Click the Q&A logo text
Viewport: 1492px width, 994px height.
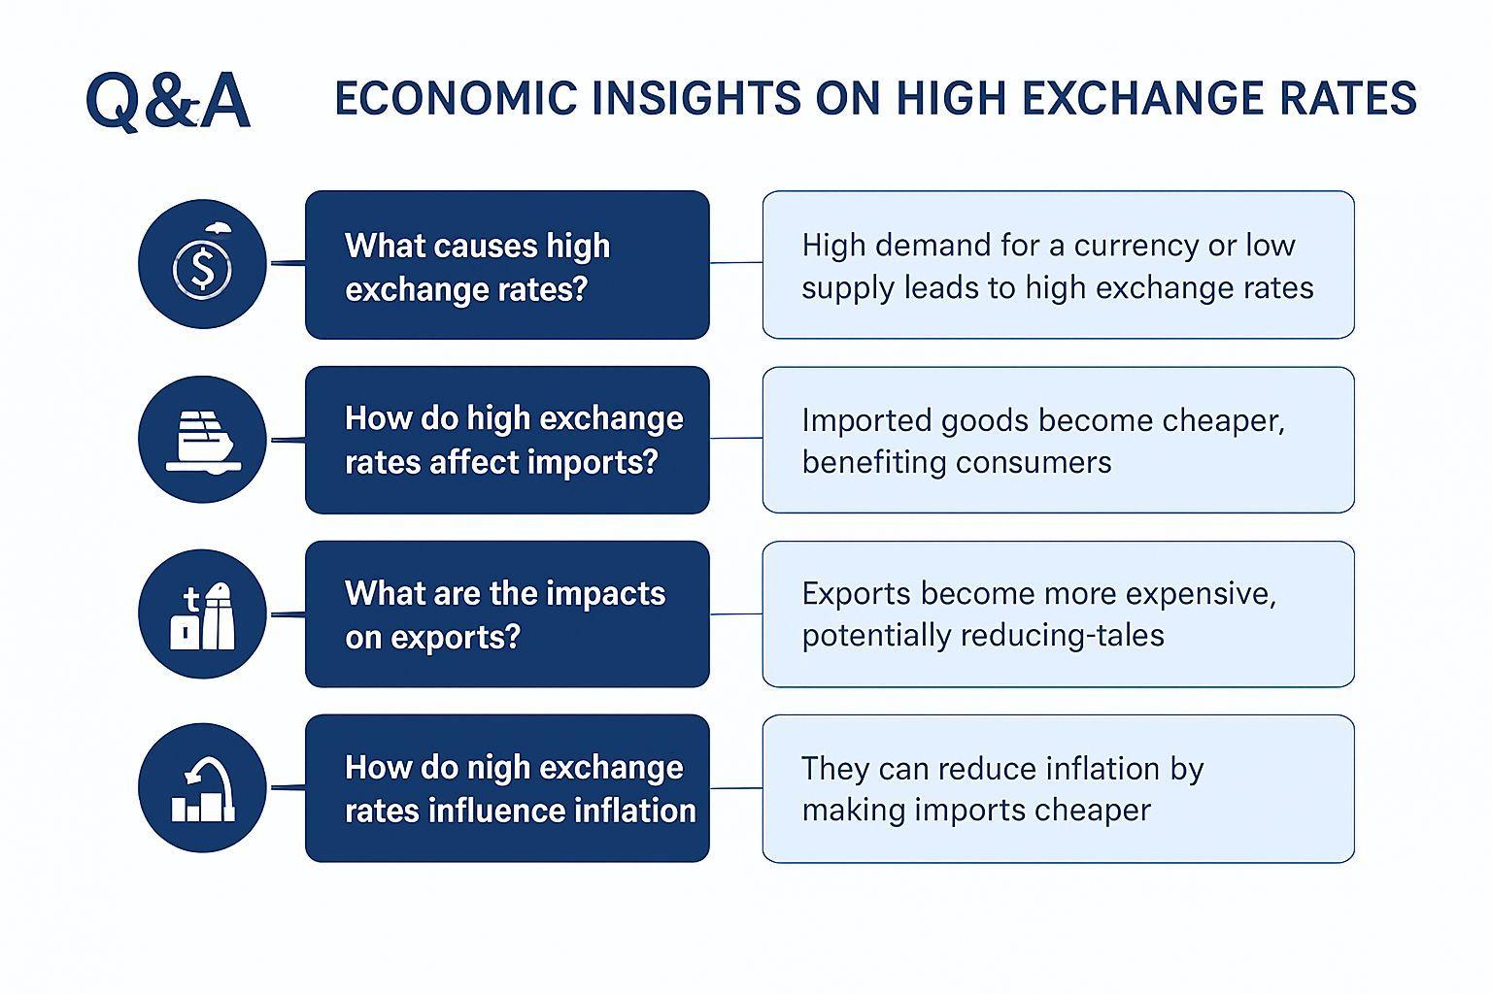tap(168, 101)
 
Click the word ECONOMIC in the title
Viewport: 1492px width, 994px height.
tap(457, 99)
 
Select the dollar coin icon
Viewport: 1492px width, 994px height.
tap(202, 264)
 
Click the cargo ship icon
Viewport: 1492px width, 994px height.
tap(202, 440)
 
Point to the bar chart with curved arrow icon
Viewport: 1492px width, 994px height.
tap(202, 787)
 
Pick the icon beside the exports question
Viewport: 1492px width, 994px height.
tap(202, 613)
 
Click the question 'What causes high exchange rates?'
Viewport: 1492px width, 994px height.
tap(478, 267)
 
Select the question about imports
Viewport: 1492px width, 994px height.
tap(514, 440)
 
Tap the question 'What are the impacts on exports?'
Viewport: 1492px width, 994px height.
tap(505, 614)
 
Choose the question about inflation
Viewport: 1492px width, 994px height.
tap(521, 789)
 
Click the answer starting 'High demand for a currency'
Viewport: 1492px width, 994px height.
tap(1058, 266)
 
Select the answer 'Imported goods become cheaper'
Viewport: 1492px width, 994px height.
tap(1043, 440)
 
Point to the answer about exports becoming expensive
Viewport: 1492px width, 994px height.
tap(1039, 613)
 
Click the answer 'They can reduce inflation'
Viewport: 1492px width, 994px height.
tap(1002, 788)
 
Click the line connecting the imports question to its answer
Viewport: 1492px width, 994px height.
tap(736, 438)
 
